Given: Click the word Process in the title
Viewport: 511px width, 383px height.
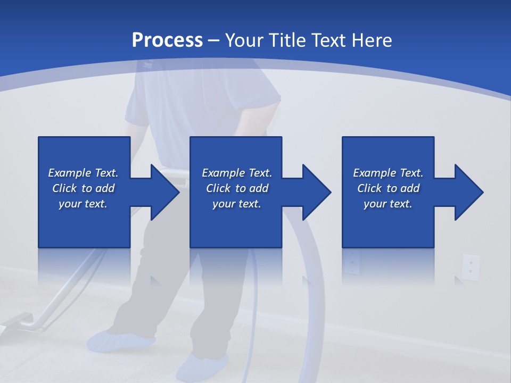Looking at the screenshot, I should coord(167,40).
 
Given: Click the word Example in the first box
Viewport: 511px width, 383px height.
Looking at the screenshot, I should coord(69,173).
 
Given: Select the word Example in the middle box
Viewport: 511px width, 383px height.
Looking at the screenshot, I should coord(223,173).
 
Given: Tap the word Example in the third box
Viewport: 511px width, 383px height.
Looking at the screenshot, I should coord(374,173).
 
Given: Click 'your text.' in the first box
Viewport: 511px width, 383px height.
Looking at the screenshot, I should coord(83,204).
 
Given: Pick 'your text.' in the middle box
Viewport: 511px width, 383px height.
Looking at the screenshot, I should coord(236,204).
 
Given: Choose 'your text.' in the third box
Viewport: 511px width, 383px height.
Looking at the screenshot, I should coord(388,204).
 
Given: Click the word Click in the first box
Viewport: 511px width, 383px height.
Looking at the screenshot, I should coord(64,188).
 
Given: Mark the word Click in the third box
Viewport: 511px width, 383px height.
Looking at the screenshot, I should coord(370,188).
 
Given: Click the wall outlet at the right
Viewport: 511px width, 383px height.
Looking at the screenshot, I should coord(471,267).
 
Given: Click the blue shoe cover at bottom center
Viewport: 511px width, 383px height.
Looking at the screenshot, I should coord(201,367).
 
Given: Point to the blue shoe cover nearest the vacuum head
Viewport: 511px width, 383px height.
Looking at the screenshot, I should coord(120,340).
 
